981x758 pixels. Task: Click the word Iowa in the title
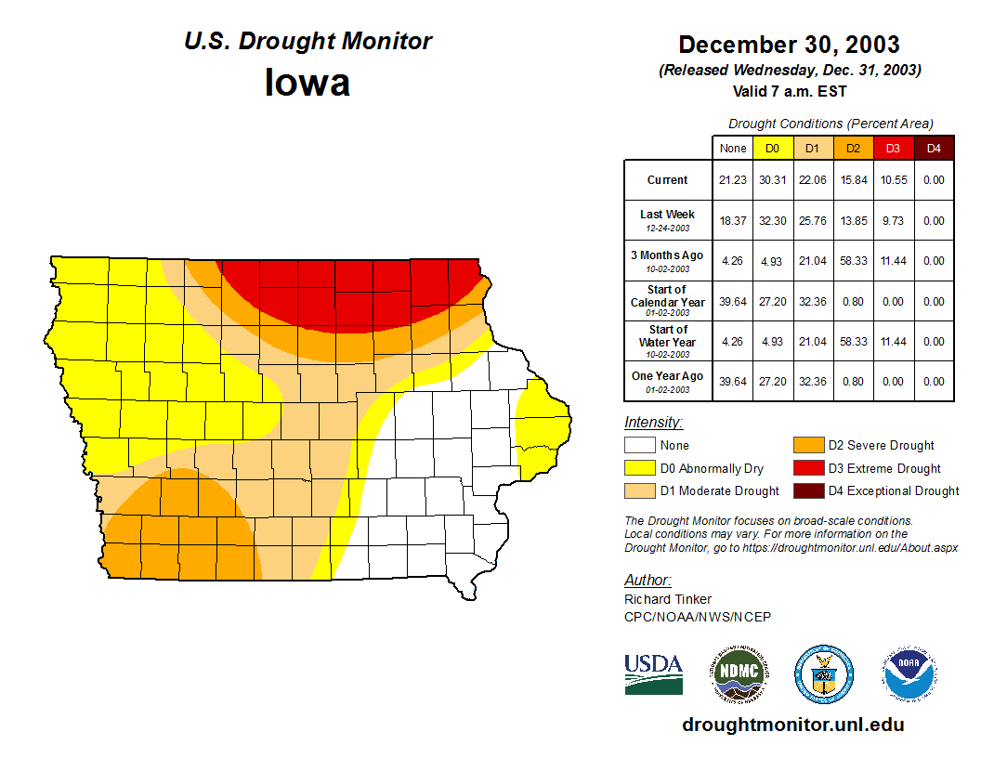(307, 83)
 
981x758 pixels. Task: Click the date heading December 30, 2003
(789, 45)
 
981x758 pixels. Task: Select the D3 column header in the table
(893, 148)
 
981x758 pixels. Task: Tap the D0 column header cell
(772, 148)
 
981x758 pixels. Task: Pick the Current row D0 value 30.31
(772, 180)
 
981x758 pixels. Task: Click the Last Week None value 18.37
(733, 220)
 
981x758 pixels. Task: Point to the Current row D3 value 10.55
(893, 180)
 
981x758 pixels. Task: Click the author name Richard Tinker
(668, 599)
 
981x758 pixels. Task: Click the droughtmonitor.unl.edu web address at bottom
(792, 725)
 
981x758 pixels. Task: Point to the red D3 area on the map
(353, 288)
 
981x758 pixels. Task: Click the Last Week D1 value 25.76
(812, 220)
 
